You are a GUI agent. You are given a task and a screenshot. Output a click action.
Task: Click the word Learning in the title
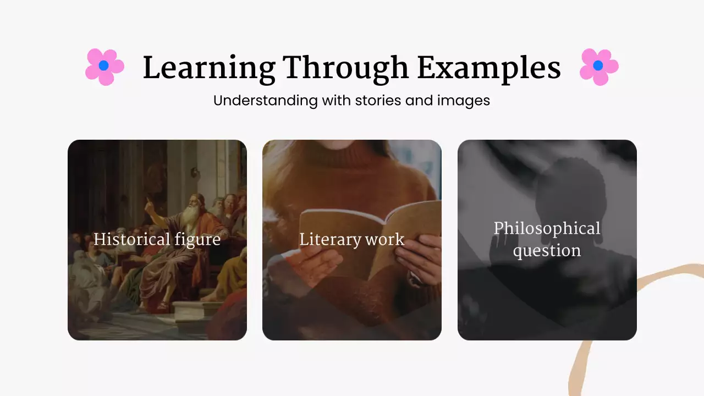208,69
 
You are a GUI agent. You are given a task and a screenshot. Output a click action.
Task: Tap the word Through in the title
346,69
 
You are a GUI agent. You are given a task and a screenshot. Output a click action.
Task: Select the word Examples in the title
488,69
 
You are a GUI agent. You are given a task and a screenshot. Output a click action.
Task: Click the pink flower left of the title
104,67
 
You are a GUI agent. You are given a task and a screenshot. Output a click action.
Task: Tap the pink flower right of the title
598,67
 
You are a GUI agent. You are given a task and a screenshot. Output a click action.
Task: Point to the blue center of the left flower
103,65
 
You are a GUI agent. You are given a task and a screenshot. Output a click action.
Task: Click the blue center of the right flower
598,65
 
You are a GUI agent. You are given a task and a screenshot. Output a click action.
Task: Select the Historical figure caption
157,240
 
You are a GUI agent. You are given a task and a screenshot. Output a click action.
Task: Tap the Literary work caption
351,240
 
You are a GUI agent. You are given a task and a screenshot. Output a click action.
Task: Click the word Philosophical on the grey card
547,228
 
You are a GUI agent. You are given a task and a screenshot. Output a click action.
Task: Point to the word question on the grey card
547,251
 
